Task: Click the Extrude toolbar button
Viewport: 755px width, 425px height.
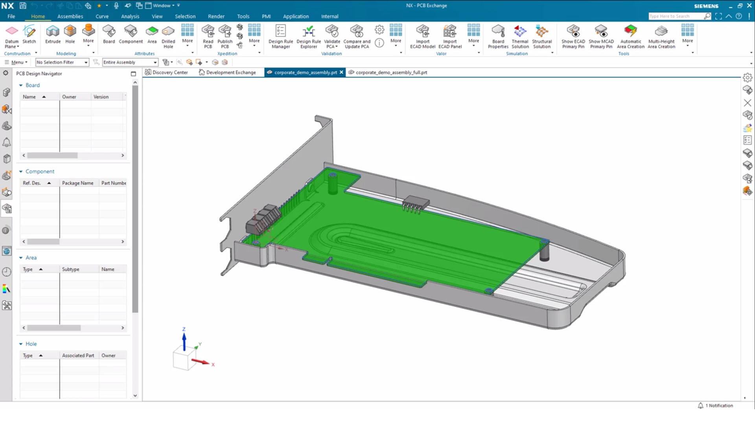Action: (53, 34)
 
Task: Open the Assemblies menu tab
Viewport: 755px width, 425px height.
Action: (70, 17)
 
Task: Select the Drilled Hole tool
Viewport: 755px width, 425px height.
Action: (168, 36)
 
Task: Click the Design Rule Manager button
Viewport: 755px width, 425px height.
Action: (280, 36)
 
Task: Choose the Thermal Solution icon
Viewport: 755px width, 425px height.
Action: (520, 36)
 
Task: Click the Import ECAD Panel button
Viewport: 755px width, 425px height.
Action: (450, 36)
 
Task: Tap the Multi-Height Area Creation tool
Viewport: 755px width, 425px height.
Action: (661, 36)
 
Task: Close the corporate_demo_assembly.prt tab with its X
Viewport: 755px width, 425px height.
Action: (341, 72)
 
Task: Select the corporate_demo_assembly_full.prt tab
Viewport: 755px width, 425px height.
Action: (391, 72)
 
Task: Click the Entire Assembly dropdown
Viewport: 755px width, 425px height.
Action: (130, 62)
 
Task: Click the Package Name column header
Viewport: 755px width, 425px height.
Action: (78, 183)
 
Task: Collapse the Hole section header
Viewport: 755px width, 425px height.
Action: (21, 344)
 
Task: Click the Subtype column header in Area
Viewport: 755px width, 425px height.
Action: (71, 269)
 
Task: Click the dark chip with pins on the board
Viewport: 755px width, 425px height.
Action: (416, 203)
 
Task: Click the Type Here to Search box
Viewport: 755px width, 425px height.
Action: (675, 17)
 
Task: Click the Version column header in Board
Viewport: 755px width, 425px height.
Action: (101, 97)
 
